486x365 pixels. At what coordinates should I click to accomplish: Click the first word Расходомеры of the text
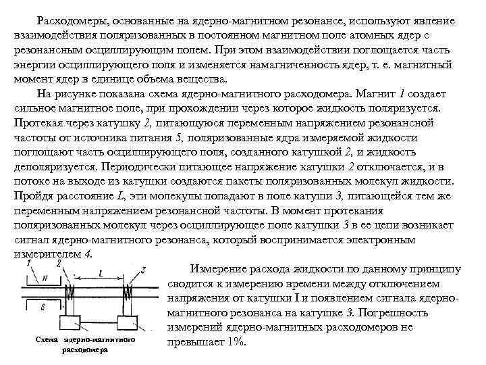point(69,21)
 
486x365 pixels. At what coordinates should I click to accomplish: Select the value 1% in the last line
point(235,341)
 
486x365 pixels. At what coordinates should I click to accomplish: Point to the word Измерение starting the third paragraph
point(219,268)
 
